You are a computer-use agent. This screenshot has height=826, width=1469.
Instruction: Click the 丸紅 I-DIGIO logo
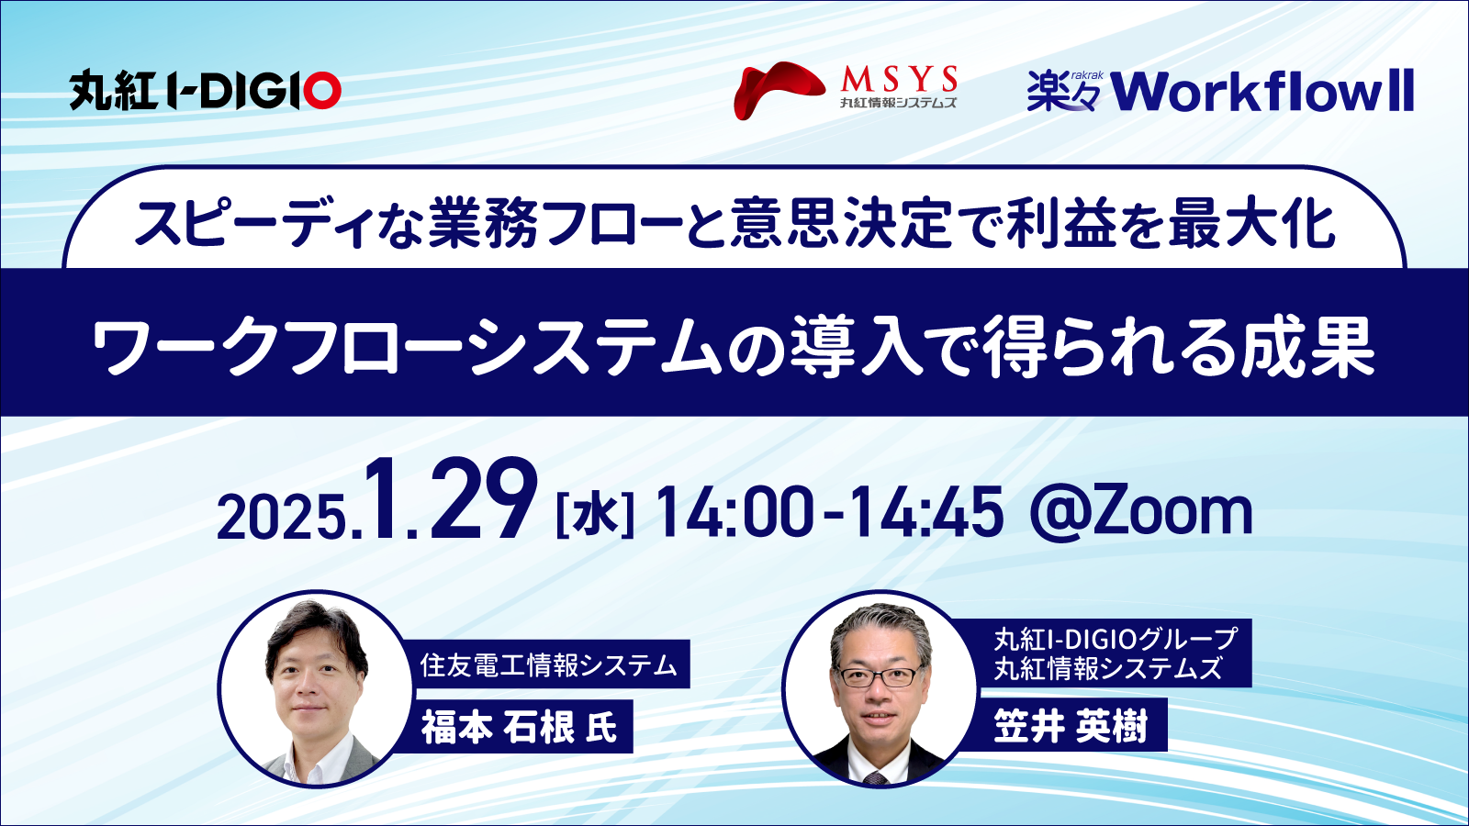coord(206,90)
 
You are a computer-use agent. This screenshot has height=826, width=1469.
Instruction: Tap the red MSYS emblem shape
coord(779,91)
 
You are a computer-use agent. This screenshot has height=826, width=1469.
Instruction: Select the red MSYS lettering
coord(899,80)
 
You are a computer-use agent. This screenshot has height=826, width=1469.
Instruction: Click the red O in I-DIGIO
coord(321,91)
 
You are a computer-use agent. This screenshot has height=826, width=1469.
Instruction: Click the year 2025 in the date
coord(281,518)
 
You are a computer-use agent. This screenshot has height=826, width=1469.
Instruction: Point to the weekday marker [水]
coord(594,516)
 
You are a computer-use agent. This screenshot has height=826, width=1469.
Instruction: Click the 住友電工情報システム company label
coord(548,664)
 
